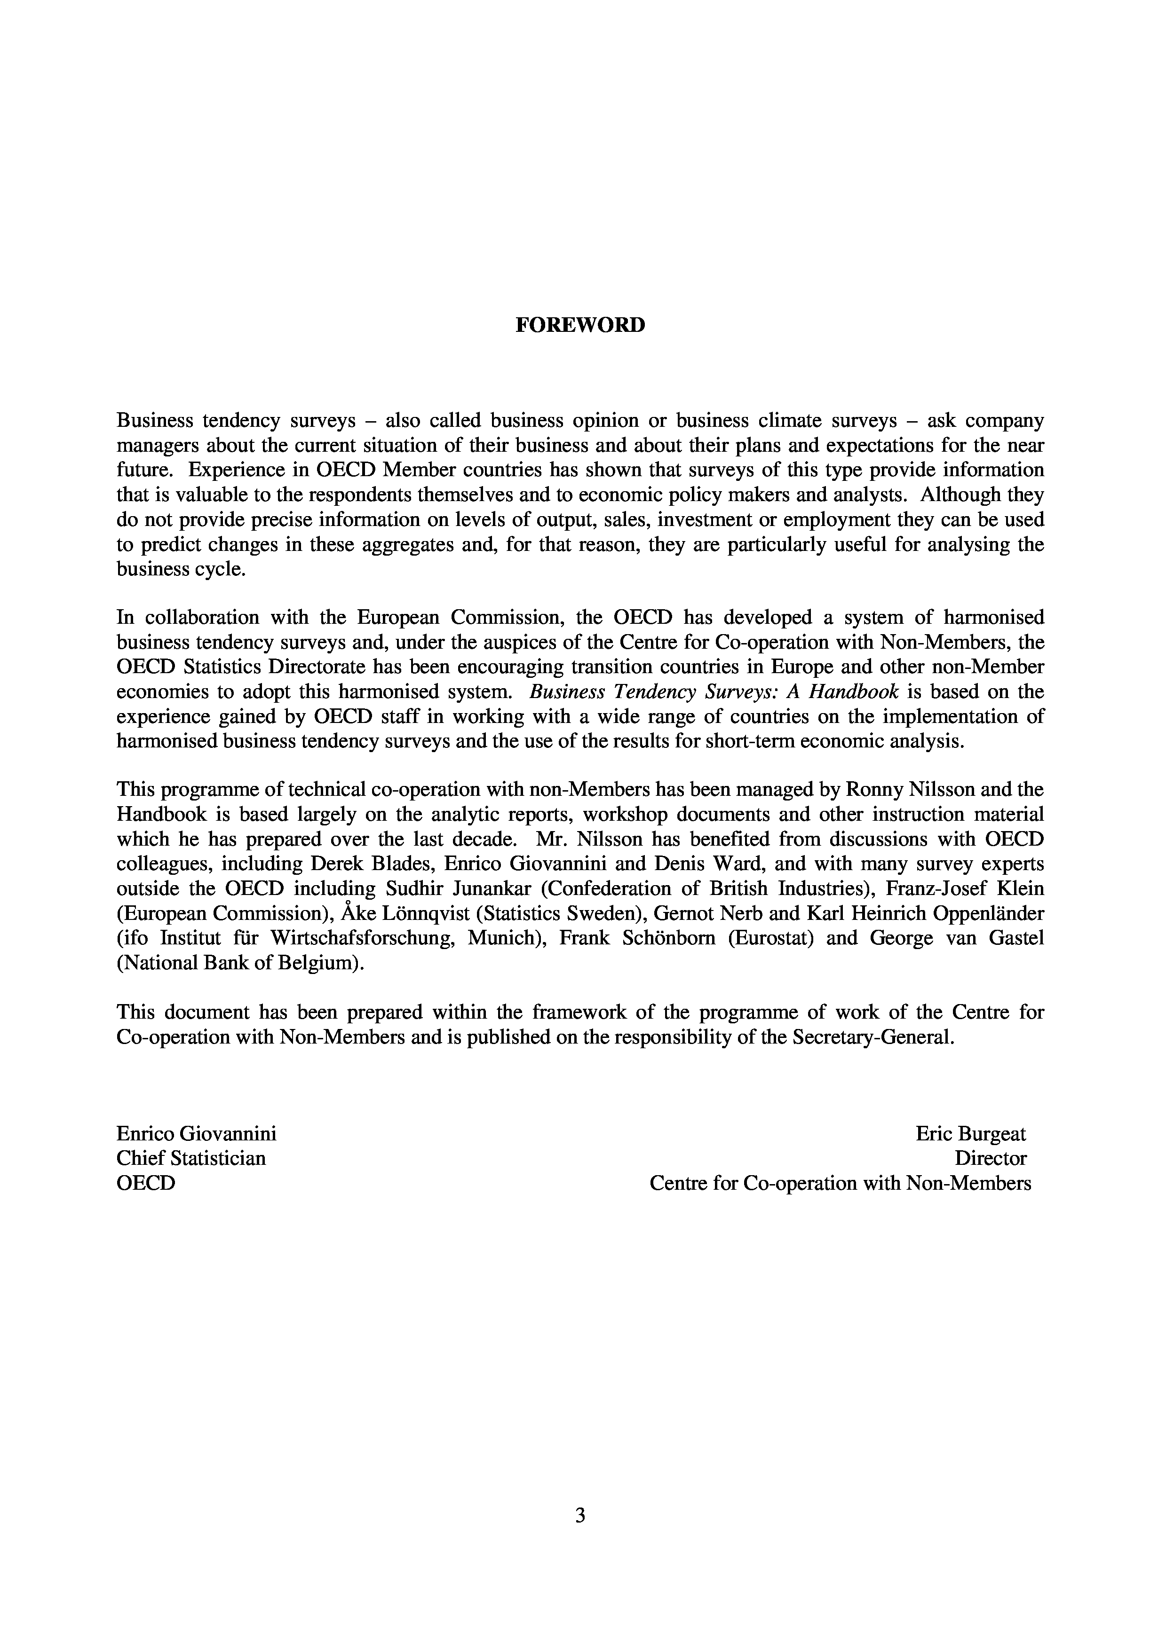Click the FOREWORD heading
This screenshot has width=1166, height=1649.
coord(580,325)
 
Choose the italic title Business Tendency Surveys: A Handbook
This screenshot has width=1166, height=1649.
coord(714,691)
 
